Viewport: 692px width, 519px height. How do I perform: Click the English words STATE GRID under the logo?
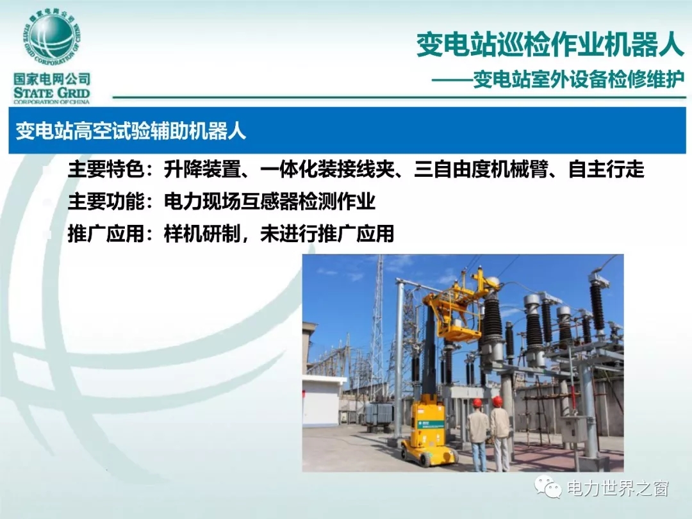click(x=52, y=93)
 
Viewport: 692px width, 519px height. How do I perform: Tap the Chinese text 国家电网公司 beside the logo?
click(x=52, y=79)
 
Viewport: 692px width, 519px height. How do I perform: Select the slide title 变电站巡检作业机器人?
click(x=550, y=45)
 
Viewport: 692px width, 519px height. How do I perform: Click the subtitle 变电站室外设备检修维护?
click(x=579, y=79)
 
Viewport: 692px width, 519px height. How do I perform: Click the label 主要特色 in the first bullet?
click(x=106, y=169)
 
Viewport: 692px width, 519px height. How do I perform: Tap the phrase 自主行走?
click(x=606, y=169)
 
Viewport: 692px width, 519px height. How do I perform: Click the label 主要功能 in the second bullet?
click(x=106, y=201)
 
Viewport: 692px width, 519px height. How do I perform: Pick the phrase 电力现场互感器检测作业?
click(x=270, y=201)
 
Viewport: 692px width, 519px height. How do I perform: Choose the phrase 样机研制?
click(x=202, y=233)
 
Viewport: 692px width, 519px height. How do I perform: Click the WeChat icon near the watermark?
click(x=548, y=487)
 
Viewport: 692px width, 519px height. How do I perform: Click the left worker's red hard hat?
click(x=477, y=403)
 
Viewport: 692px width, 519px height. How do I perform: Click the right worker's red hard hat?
click(x=497, y=401)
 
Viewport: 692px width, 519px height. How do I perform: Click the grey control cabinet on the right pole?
click(x=574, y=429)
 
